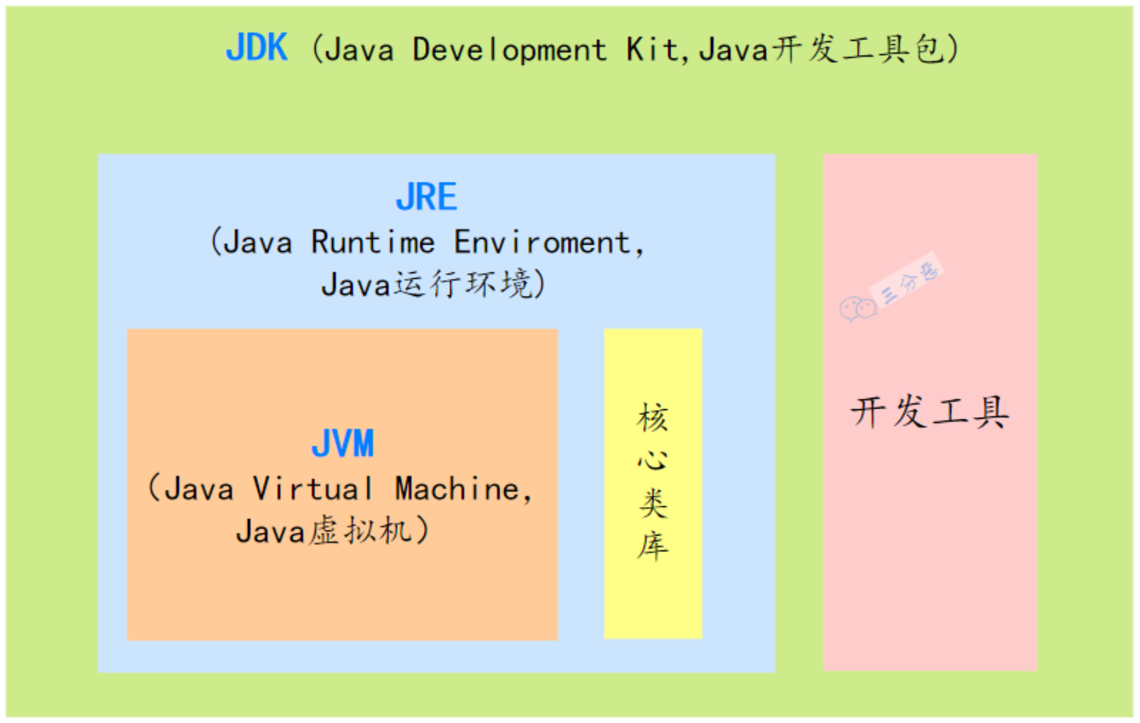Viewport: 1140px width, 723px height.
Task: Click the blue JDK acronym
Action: pyautogui.click(x=257, y=48)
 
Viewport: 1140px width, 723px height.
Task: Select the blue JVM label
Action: pyautogui.click(x=342, y=443)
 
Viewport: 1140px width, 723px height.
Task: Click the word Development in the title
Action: pyautogui.click(x=509, y=49)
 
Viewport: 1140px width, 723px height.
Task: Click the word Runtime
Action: pyautogui.click(x=373, y=242)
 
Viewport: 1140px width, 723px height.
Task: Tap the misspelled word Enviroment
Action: pyautogui.click(x=542, y=242)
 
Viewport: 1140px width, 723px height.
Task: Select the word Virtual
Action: pyautogui.click(x=313, y=489)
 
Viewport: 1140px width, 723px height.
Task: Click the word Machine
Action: pyautogui.click(x=458, y=489)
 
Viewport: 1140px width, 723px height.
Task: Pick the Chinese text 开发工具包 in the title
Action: pyautogui.click(x=859, y=49)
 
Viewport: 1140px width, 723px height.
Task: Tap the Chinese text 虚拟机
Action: pyautogui.click(x=360, y=530)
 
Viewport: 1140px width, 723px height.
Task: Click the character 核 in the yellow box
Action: pyautogui.click(x=653, y=418)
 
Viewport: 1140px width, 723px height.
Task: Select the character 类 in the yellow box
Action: pyautogui.click(x=653, y=503)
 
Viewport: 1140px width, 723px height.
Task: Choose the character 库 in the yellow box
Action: pyautogui.click(x=653, y=546)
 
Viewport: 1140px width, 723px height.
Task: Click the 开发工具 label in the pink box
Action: pyautogui.click(x=929, y=412)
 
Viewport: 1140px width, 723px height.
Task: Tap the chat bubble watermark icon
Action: pyautogui.click(x=857, y=309)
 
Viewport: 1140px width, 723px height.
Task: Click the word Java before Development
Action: pyautogui.click(x=359, y=49)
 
